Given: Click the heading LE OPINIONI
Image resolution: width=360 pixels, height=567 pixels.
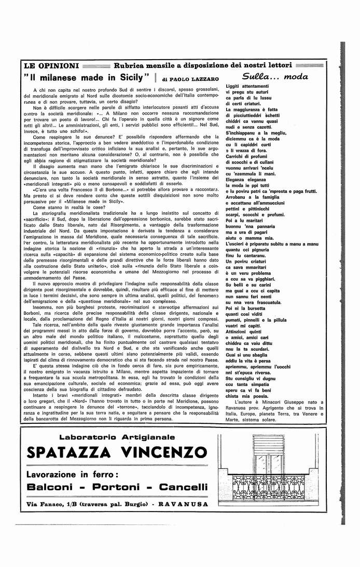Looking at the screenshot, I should [x=51, y=66].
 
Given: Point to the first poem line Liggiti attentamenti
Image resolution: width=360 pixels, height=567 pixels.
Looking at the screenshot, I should [x=247, y=86].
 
